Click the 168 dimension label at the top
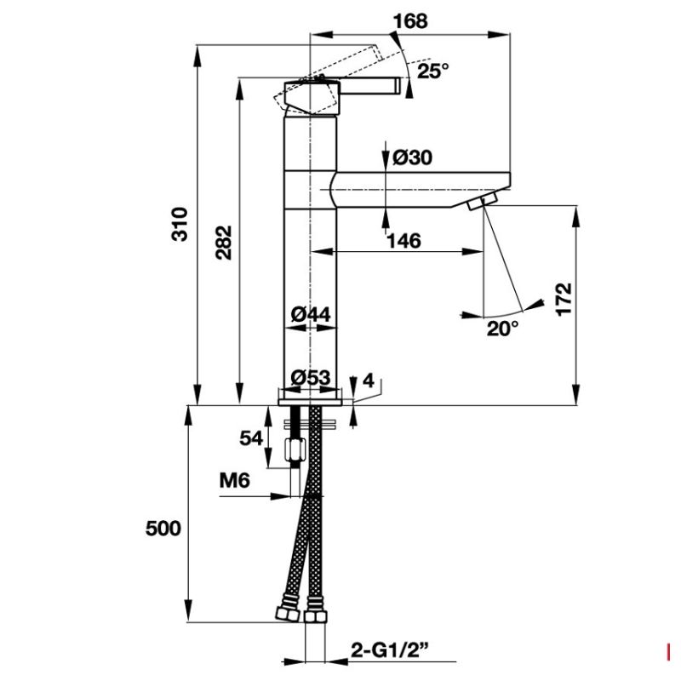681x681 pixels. pos(410,21)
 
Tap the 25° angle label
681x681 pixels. pos(433,71)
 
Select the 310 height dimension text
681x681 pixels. pos(180,224)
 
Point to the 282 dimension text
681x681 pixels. pos(224,243)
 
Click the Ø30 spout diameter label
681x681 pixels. pos(413,157)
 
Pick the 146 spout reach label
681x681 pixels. pos(403,241)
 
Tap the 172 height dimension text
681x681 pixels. pos(564,300)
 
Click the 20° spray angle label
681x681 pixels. pos(502,329)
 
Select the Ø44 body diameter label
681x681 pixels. pos(311,314)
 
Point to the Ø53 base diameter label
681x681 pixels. pos(311,377)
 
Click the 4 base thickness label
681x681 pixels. pos(369,381)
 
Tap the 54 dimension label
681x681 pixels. pos(251,438)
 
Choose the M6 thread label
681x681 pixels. pos(235,481)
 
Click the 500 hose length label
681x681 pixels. pos(163,529)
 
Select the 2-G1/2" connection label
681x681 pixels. pos(390,650)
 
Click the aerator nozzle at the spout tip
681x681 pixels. pos(483,202)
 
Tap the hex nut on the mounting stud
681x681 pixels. pos(295,451)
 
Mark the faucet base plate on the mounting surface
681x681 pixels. pos(310,402)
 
